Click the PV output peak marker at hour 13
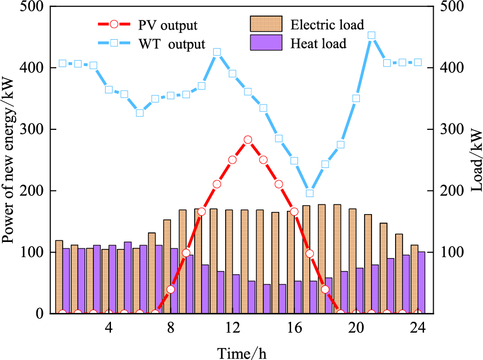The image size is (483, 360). point(248,139)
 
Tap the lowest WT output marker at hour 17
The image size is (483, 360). point(309,193)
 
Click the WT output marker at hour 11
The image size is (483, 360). point(217,53)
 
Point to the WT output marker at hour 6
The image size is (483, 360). point(140,113)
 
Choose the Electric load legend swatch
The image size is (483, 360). point(266,24)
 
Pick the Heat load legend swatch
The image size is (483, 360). point(266,43)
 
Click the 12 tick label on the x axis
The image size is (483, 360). point(232,327)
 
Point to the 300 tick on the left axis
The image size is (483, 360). point(37,129)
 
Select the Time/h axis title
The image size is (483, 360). point(241,352)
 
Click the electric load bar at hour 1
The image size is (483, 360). point(59,277)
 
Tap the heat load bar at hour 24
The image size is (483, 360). point(421,282)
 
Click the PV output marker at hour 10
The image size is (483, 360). point(202,212)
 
